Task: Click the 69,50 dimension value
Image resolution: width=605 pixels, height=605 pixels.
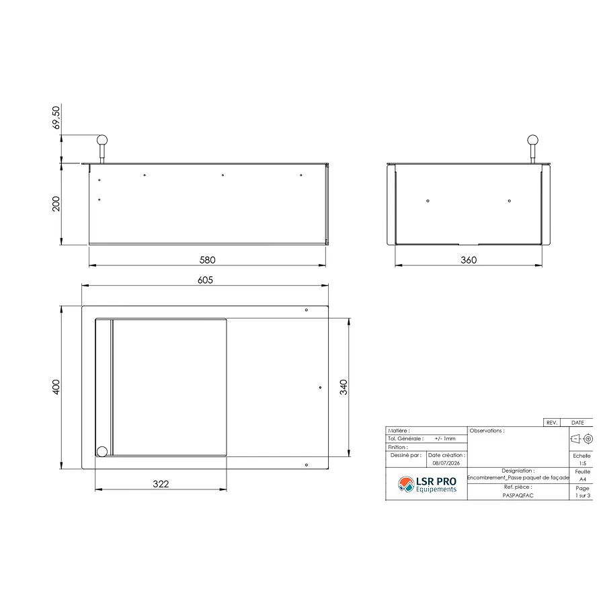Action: click(56, 117)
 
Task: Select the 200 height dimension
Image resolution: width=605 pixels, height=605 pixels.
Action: click(56, 204)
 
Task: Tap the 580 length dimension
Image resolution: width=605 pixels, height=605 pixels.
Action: click(207, 259)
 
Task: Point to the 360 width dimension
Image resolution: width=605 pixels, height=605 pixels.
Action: click(469, 259)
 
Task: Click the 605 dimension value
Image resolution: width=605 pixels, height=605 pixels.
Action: click(205, 280)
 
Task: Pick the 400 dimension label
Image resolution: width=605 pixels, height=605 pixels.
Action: click(56, 387)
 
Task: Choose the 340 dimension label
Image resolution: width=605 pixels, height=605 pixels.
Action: click(344, 387)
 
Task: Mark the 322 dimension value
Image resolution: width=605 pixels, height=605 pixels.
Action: click(161, 484)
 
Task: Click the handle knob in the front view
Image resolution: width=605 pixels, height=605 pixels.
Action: click(102, 140)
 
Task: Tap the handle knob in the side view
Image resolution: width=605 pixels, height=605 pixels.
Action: click(532, 140)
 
